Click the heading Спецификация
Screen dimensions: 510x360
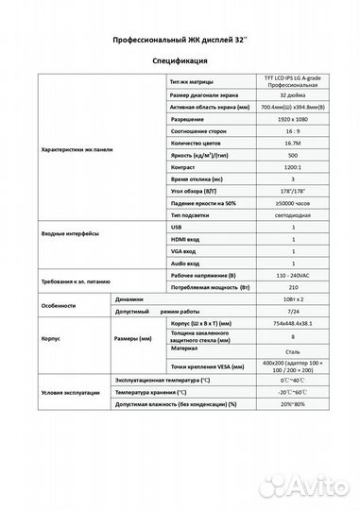[180, 59]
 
